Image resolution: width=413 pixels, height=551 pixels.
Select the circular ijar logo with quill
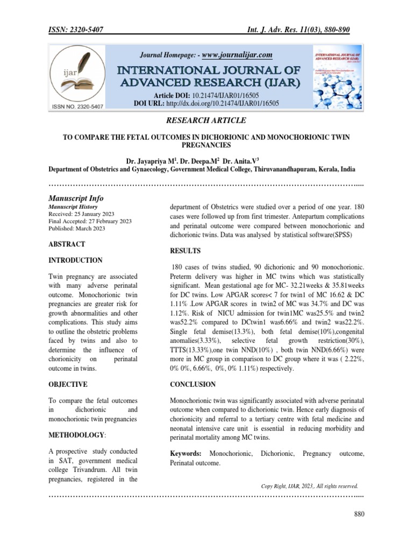tap(78, 75)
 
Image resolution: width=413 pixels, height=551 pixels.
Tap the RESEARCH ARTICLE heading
tap(206, 120)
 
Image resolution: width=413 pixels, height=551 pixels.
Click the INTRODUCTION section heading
tap(75, 260)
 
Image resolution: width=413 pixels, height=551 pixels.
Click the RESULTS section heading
tap(186, 251)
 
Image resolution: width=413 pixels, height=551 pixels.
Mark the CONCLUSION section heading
tap(193, 385)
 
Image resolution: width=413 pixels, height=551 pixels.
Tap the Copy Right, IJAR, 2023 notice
tap(309, 485)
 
